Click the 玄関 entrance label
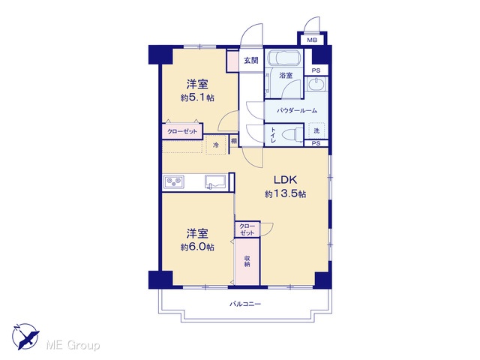click(251, 61)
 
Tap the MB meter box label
click(312, 40)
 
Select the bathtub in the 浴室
click(285, 57)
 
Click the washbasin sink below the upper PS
click(316, 84)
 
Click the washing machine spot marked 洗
click(316, 130)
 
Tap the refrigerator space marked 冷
click(216, 145)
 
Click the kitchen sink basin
click(215, 182)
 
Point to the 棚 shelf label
click(234, 141)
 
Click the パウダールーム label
click(297, 110)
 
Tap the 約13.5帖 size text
click(285, 193)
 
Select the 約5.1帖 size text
click(197, 97)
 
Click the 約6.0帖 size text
click(197, 247)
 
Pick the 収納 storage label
click(247, 260)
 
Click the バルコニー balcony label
click(245, 304)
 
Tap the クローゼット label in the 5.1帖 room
click(182, 132)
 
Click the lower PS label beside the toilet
click(316, 143)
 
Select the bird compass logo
click(25, 337)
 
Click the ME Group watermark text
click(73, 346)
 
